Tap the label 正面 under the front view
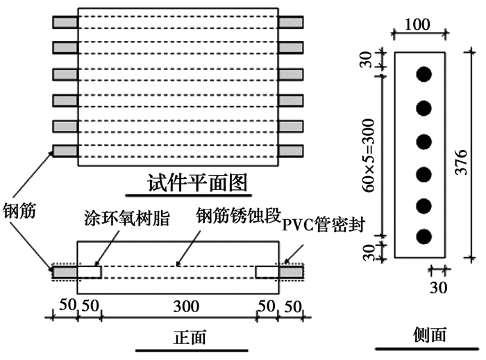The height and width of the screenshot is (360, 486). click(190, 338)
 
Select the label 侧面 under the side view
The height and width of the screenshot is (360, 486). click(429, 335)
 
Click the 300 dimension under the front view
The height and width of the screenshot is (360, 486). click(178, 305)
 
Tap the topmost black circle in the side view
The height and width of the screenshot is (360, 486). click(424, 74)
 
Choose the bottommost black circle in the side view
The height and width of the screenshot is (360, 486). click(424, 236)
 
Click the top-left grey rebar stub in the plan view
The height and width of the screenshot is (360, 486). click(65, 22)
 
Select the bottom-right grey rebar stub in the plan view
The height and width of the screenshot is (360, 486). click(290, 150)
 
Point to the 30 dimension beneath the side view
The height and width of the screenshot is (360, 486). click(437, 284)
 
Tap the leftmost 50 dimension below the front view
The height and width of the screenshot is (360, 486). click(64, 305)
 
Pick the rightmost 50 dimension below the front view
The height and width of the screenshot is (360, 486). click(293, 305)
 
